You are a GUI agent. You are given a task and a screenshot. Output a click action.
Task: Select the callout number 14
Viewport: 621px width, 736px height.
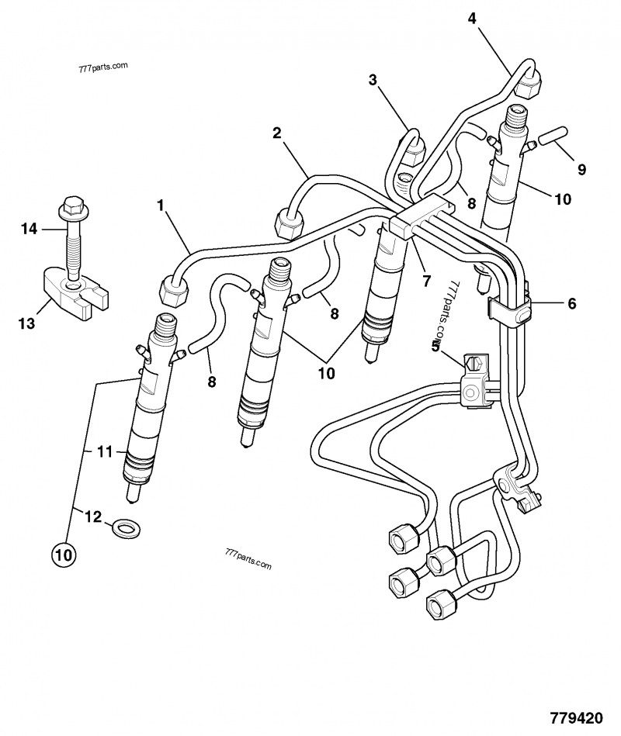coord(29,229)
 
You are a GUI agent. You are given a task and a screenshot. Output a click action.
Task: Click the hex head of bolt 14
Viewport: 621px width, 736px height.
coord(70,206)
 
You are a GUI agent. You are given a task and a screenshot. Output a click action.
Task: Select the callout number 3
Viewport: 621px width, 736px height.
coord(373,80)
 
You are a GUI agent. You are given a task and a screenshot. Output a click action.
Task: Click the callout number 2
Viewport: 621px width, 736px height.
coord(276,133)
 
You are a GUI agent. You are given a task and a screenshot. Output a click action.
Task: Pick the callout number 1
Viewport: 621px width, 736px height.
coord(161,206)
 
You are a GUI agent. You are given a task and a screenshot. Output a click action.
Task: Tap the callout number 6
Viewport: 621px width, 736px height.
coord(572,305)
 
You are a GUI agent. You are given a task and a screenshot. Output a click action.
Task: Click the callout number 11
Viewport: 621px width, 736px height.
coord(104,451)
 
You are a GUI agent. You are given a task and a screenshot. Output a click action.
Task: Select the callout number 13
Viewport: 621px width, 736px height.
coord(27,323)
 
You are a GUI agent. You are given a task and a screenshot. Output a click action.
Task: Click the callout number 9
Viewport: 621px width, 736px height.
coord(581,169)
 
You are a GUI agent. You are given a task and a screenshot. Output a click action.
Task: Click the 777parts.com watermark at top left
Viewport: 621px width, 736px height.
coord(103,68)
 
